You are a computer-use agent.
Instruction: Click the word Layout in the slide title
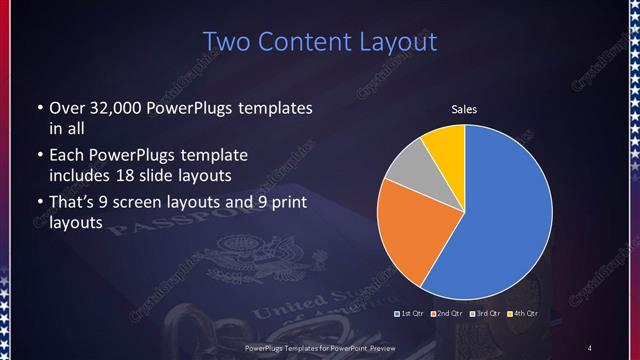pyautogui.click(x=398, y=42)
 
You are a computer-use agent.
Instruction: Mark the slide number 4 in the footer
pyautogui.click(x=590, y=347)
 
